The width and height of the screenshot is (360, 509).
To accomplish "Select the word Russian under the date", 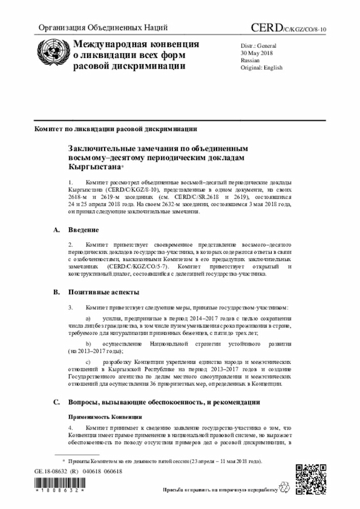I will [250, 60].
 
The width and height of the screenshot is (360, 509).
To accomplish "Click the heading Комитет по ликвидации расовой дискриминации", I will [115, 128].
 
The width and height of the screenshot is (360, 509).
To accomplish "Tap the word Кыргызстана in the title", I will [94, 167].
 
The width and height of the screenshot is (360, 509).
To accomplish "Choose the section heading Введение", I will [84, 230].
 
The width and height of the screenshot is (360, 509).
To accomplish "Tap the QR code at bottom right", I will [311, 480].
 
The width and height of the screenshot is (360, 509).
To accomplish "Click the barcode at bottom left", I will [58, 485].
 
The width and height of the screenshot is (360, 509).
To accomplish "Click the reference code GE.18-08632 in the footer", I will [53, 471].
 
